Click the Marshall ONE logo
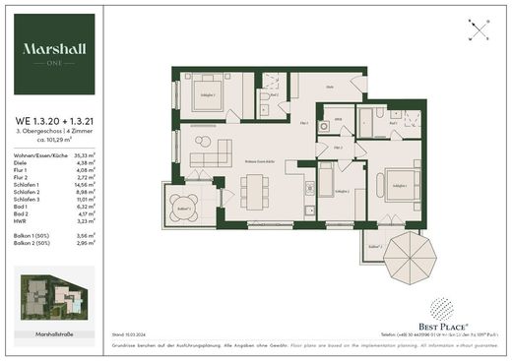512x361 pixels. pos(55,52)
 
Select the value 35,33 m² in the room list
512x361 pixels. pos(83,154)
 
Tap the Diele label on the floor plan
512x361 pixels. pos(331,88)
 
